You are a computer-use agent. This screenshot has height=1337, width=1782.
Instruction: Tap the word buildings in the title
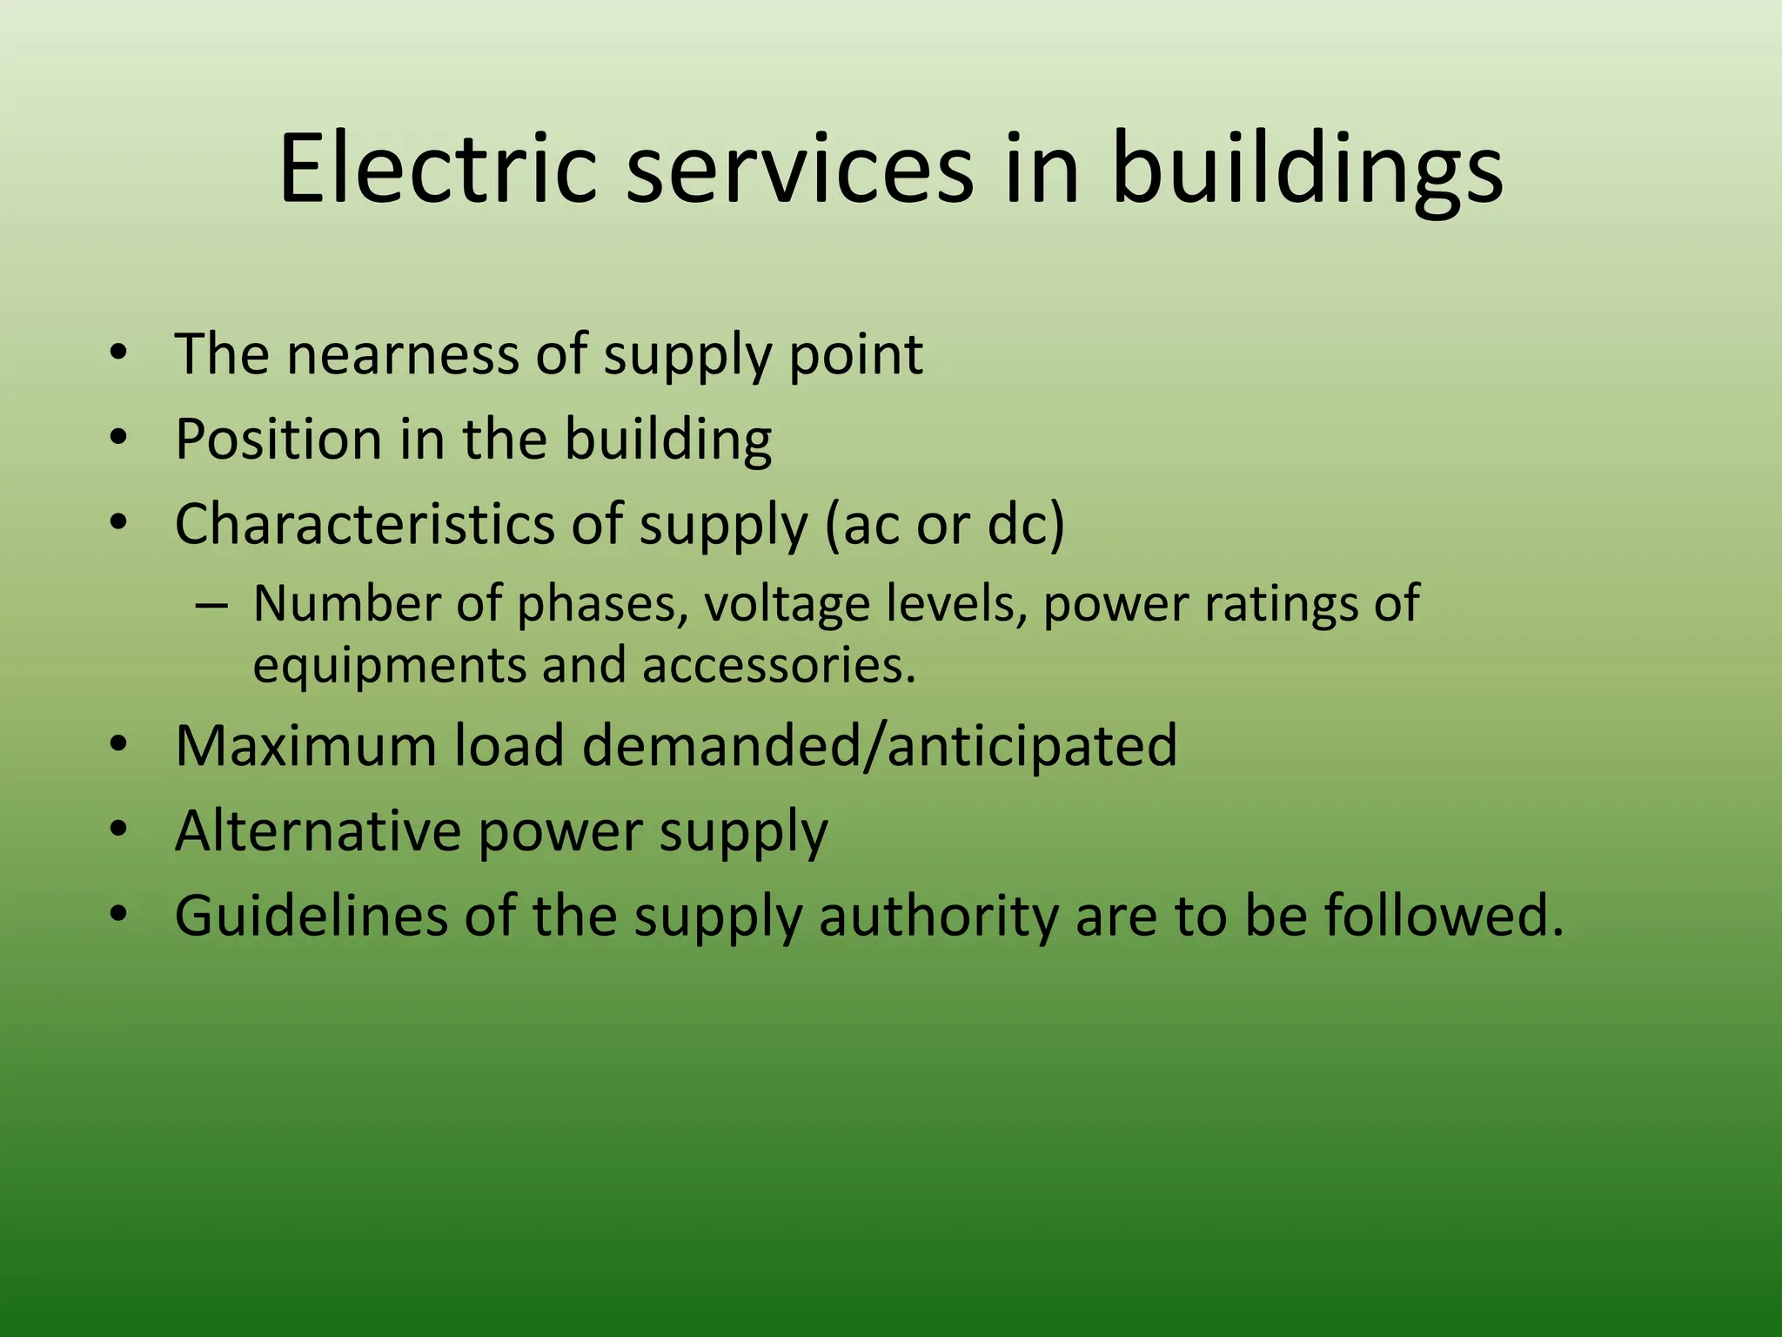[1307, 170]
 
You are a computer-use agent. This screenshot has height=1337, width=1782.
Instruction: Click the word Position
[278, 439]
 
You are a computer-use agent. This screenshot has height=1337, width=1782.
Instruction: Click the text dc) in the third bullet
[1026, 525]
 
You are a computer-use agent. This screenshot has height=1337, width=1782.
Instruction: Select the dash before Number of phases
[211, 604]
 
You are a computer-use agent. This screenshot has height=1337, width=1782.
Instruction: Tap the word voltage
[787, 604]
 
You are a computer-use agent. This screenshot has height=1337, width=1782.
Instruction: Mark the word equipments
[389, 666]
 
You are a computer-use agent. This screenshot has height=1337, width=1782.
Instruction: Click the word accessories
[779, 665]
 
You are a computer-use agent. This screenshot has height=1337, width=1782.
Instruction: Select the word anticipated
[1032, 747]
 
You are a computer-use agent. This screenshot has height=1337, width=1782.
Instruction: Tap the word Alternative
[318, 830]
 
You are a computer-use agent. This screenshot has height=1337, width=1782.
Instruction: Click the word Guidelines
[312, 916]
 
